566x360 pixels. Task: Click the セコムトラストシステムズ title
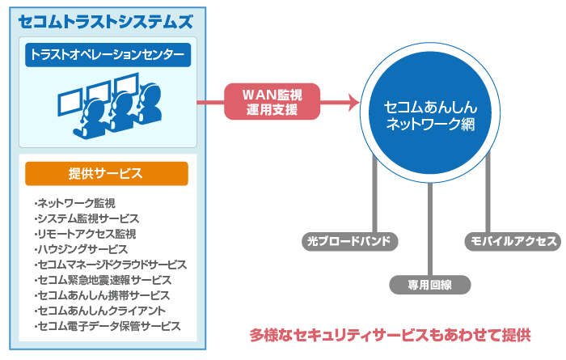pos(106,21)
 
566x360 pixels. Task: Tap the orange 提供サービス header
pos(106,173)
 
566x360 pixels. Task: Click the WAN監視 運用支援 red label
pos(272,102)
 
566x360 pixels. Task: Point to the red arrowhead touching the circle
pos(353,102)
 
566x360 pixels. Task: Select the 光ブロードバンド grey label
pos(349,241)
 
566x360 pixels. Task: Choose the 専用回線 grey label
pos(429,284)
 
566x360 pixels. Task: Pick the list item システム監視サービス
pos(87,218)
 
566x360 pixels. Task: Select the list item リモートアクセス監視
pos(85,234)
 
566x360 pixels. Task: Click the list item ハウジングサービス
pos(81,249)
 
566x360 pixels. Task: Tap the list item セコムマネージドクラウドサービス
pos(111,265)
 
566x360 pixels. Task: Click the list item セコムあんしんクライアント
pos(99,311)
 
